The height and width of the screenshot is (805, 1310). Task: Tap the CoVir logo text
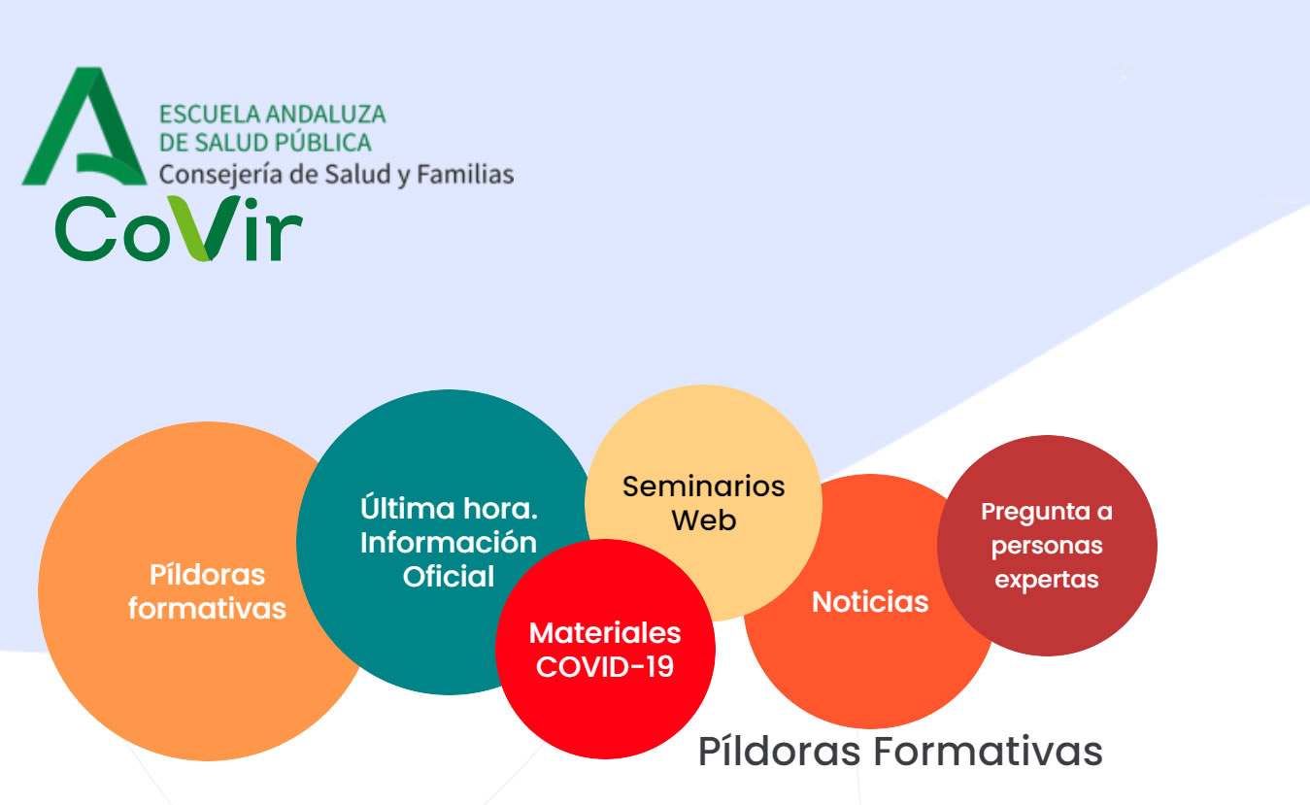(x=179, y=228)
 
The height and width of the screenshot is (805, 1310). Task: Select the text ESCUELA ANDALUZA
(x=273, y=114)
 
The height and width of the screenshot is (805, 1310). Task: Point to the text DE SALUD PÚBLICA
(x=265, y=142)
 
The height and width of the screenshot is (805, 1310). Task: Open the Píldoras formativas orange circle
(x=207, y=591)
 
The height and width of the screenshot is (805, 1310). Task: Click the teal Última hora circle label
(x=449, y=542)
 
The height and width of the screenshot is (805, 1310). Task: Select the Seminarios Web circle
(x=703, y=503)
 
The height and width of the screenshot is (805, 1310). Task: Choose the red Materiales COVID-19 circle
(x=605, y=649)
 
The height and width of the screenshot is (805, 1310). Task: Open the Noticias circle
(x=870, y=601)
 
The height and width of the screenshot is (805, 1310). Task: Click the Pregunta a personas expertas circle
(x=1047, y=546)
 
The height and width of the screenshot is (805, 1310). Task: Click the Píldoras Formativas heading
(x=900, y=752)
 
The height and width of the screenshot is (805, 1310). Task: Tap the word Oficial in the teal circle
(x=449, y=577)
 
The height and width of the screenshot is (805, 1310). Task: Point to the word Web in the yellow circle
(x=703, y=520)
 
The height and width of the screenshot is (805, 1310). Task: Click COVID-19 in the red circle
(x=605, y=667)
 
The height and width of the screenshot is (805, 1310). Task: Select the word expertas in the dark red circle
(x=1047, y=580)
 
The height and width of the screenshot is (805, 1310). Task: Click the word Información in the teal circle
(x=449, y=543)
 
